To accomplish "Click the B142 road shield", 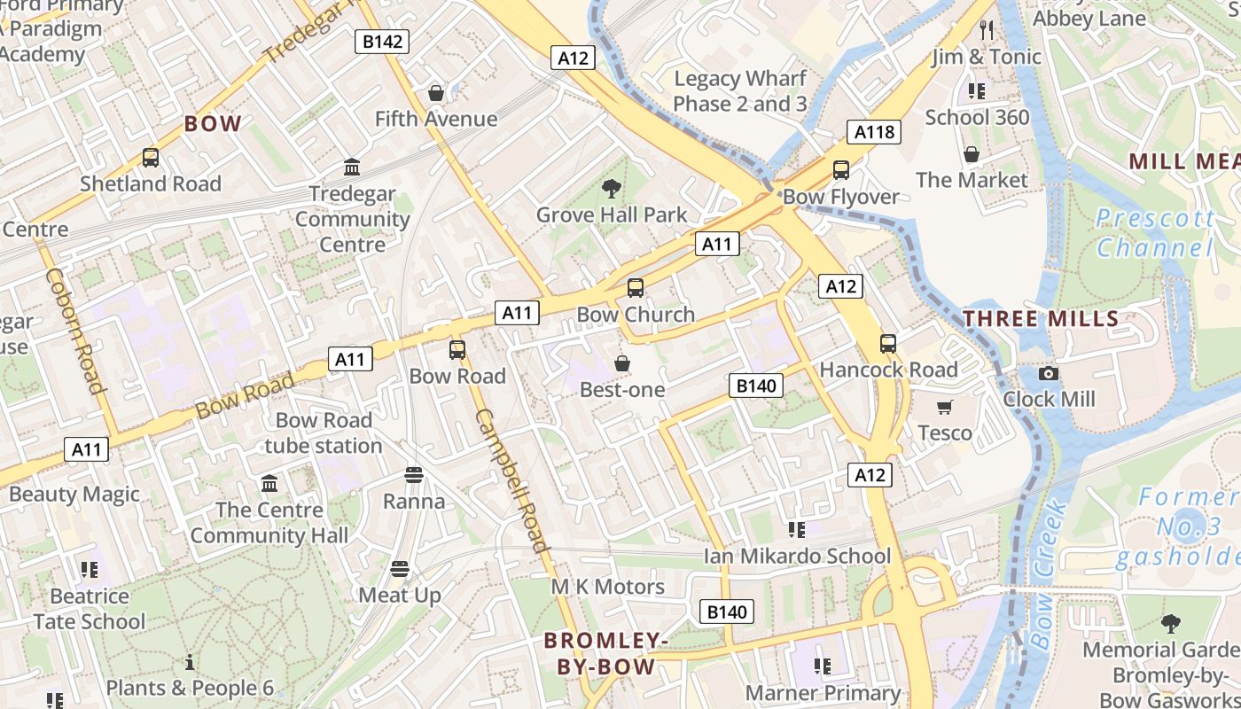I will click(382, 41).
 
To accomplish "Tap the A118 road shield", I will click(873, 132).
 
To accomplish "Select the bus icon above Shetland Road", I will click(151, 158).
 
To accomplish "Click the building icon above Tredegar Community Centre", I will click(352, 167).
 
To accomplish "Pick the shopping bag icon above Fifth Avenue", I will click(436, 92).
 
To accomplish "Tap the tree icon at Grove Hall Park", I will click(611, 187).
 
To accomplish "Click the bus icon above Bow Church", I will click(636, 287).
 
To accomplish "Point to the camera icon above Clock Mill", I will click(1049, 373).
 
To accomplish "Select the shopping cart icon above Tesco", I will click(945, 407).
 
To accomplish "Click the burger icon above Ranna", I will click(414, 475).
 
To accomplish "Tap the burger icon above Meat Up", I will click(400, 568).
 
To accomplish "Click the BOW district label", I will click(213, 124).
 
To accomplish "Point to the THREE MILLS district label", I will click(1041, 319).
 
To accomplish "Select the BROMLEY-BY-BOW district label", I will click(605, 653).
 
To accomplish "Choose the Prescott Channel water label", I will click(1155, 232).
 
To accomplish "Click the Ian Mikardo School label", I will click(797, 556).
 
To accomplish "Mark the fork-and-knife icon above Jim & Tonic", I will click(987, 30).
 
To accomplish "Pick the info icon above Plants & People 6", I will click(189, 662).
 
